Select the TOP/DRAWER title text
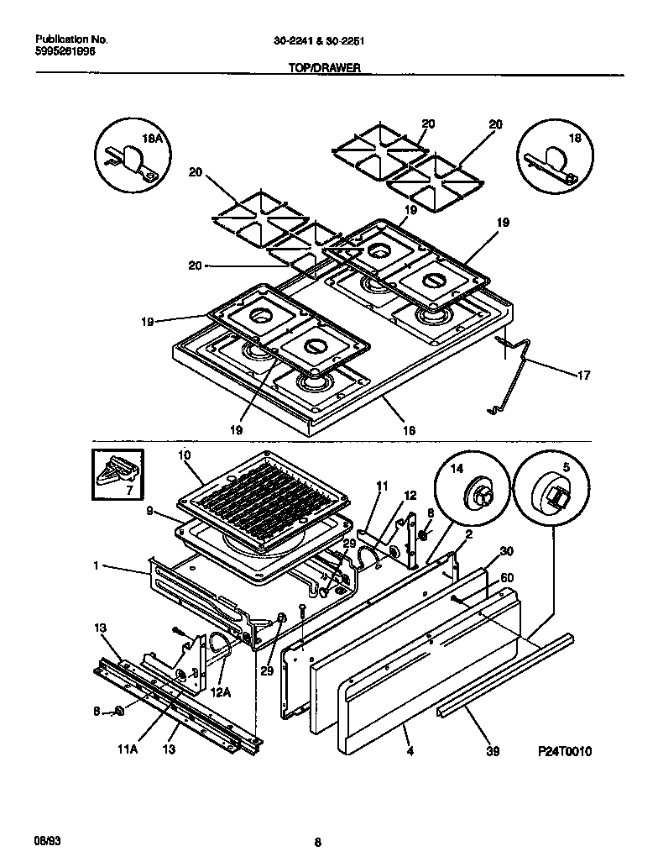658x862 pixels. coord(319,71)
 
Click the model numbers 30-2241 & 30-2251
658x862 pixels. coord(318,39)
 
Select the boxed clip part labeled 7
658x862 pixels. coord(117,476)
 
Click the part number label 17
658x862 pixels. coord(583,375)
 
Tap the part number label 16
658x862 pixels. coord(409,430)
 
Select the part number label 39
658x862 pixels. coord(493,751)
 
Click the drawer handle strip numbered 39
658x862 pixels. coord(504,676)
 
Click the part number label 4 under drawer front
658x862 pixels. coord(408,750)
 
